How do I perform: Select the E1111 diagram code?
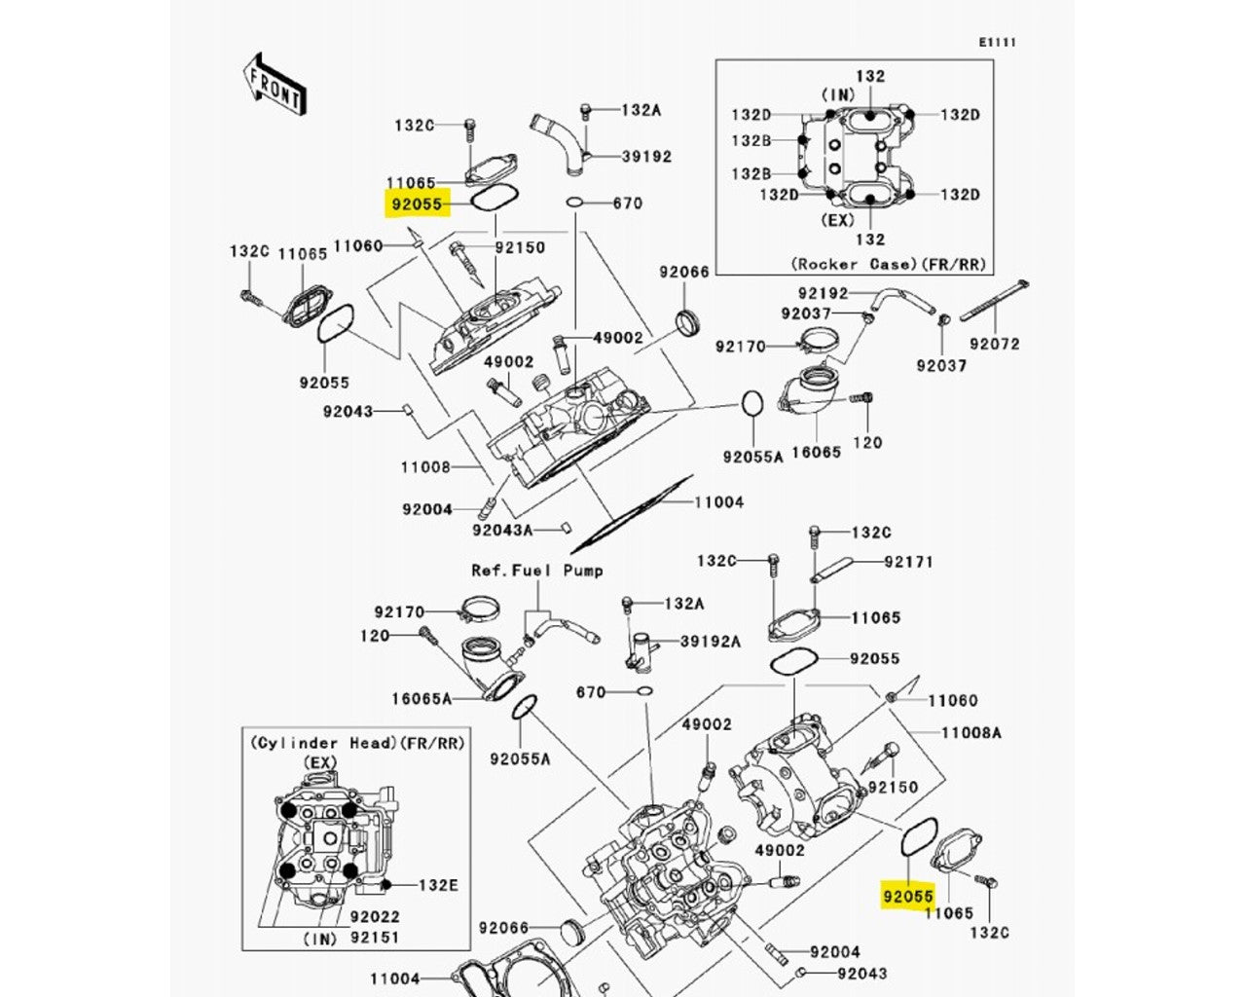coord(998,42)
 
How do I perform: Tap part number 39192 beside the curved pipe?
coord(646,156)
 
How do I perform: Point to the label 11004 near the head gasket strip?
coord(718,502)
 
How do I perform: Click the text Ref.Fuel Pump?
coord(537,571)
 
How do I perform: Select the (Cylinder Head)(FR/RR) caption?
coord(357,743)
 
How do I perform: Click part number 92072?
coord(994,344)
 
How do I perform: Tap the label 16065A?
coord(421,699)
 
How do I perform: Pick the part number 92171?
coord(908,562)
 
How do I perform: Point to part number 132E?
coord(438,885)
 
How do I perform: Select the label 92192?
coord(823,293)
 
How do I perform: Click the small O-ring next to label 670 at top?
coord(575,203)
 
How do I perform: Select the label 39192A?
coord(710,641)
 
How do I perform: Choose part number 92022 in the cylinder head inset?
coord(375,917)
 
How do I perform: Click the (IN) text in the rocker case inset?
coord(838,94)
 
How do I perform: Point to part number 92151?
coord(375,938)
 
